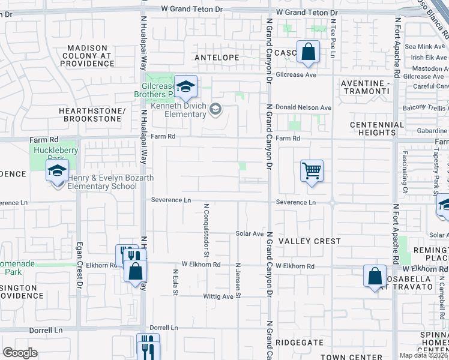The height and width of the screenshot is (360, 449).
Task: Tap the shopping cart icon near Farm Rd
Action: click(x=312, y=171)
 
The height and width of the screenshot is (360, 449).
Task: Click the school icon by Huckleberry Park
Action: click(x=57, y=172)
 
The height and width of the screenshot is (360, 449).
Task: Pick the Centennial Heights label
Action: click(x=377, y=128)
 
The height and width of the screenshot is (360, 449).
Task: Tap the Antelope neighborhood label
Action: click(x=217, y=58)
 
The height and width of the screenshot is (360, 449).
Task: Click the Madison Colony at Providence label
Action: click(x=87, y=56)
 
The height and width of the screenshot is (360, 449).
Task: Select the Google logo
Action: click(x=20, y=352)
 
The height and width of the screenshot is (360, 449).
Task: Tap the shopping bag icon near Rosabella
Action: click(x=375, y=277)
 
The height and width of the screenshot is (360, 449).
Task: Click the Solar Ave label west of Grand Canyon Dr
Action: click(x=250, y=233)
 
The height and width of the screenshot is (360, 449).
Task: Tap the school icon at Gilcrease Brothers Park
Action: click(x=185, y=87)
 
